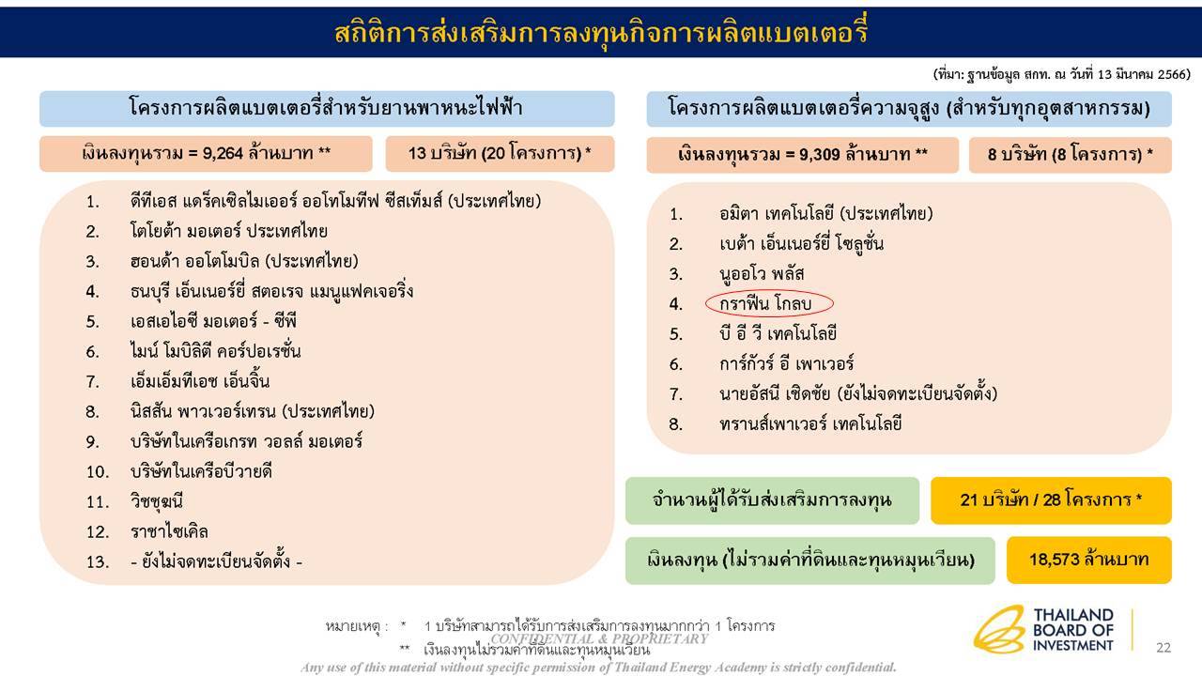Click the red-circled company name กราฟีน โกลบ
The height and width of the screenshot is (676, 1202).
[x=769, y=303]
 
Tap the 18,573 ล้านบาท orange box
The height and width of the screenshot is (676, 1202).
[x=1088, y=560]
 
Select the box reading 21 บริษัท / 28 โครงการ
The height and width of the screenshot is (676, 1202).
[x=1051, y=499]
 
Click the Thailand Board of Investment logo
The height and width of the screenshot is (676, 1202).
[x=1044, y=629]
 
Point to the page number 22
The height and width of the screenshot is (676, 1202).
[x=1163, y=647]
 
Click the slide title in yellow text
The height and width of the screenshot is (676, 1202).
[x=601, y=33]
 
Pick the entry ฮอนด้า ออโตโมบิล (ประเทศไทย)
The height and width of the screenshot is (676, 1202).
[x=244, y=261]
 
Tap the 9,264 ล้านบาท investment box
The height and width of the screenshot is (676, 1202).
[x=207, y=153]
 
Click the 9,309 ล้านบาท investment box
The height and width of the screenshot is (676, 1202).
[x=802, y=155]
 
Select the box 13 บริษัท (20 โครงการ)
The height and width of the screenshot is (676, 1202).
[x=500, y=153]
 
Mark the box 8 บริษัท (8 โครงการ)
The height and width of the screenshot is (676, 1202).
[x=1071, y=155]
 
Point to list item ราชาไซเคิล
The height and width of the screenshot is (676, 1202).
[x=169, y=531]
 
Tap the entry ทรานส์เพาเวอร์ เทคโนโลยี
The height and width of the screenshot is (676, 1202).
[x=810, y=423]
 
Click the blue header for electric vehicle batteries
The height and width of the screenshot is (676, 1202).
[x=327, y=108]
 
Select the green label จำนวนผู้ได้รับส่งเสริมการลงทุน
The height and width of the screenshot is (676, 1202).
[x=772, y=499]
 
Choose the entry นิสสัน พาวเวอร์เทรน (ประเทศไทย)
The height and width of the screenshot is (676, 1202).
[x=253, y=411]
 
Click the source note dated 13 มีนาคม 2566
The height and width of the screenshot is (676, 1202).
[x=1061, y=74]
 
